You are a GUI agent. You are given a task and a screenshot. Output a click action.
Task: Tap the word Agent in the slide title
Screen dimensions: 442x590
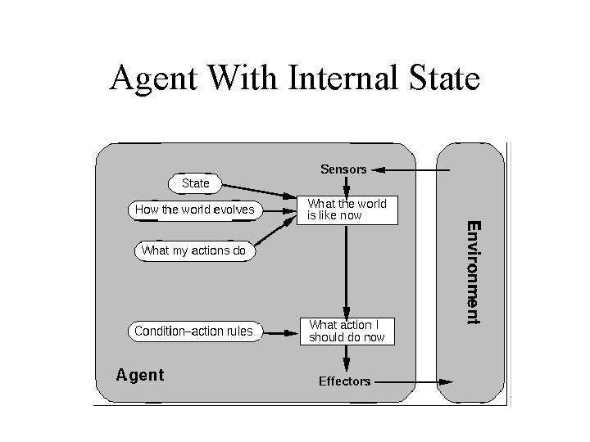(154, 80)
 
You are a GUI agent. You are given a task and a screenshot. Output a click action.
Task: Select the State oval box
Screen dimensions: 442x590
(195, 183)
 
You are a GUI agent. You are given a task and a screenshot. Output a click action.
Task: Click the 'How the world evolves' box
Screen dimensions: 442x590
(194, 210)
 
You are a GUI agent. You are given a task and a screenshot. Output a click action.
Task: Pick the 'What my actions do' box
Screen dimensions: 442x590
(193, 250)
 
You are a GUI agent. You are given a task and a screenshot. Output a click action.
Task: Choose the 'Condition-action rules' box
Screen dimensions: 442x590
(193, 331)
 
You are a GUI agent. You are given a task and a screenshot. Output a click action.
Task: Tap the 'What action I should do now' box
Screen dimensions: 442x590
(347, 331)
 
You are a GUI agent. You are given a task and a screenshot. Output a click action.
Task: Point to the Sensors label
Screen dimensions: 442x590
(343, 169)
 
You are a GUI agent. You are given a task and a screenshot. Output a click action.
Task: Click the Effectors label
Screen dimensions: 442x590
(344, 381)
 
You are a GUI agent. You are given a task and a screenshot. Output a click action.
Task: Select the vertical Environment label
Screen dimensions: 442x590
(474, 272)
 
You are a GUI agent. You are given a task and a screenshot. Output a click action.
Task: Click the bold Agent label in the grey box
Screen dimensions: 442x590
(140, 375)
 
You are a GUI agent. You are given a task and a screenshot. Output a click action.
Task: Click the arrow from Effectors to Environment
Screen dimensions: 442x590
(414, 381)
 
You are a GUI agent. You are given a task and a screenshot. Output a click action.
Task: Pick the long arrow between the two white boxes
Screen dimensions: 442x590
(347, 270)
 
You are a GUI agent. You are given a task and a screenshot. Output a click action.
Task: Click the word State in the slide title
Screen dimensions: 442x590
(438, 79)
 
